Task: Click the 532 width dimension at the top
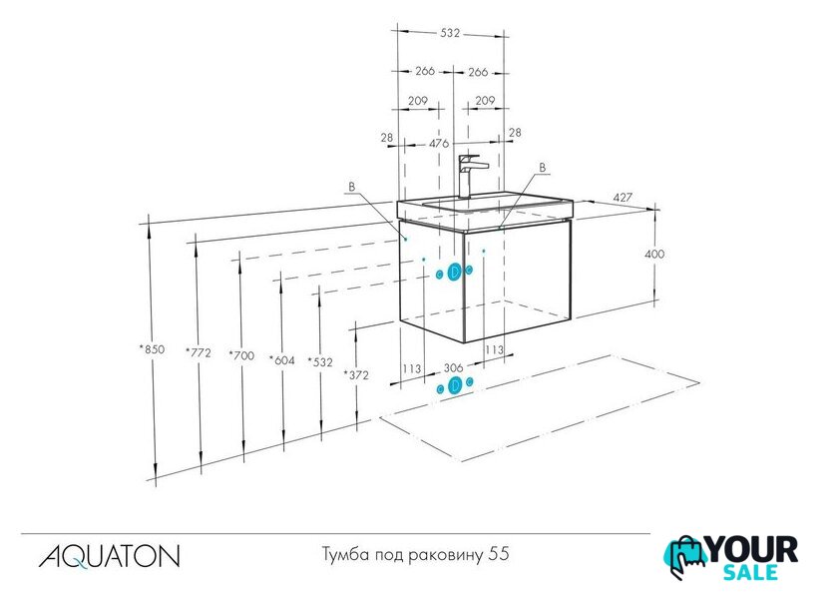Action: [x=450, y=33]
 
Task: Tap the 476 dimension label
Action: [x=439, y=144]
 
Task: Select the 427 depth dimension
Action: [x=623, y=198]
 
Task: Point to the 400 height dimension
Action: [x=654, y=254]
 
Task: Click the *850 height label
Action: [x=152, y=349]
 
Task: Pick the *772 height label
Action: [x=199, y=353]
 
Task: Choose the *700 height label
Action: [x=241, y=355]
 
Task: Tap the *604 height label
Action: [x=282, y=360]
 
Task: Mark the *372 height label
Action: [x=356, y=375]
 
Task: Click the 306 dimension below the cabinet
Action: [x=453, y=368]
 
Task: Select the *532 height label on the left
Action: [x=320, y=362]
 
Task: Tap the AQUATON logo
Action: [x=109, y=556]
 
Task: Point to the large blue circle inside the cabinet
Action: [x=455, y=273]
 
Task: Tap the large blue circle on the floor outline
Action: [x=455, y=385]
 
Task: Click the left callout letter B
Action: [x=351, y=187]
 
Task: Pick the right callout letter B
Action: [x=543, y=168]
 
